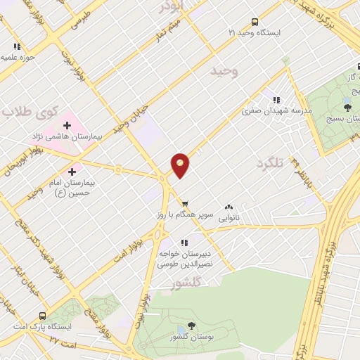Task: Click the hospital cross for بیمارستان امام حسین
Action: click(x=72, y=171)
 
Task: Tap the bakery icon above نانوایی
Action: click(x=229, y=207)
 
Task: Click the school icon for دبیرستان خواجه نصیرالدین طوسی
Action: click(x=186, y=243)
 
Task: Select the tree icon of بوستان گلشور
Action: click(x=191, y=326)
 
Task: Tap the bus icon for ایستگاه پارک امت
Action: click(x=43, y=316)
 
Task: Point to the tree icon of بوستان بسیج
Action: click(x=347, y=107)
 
